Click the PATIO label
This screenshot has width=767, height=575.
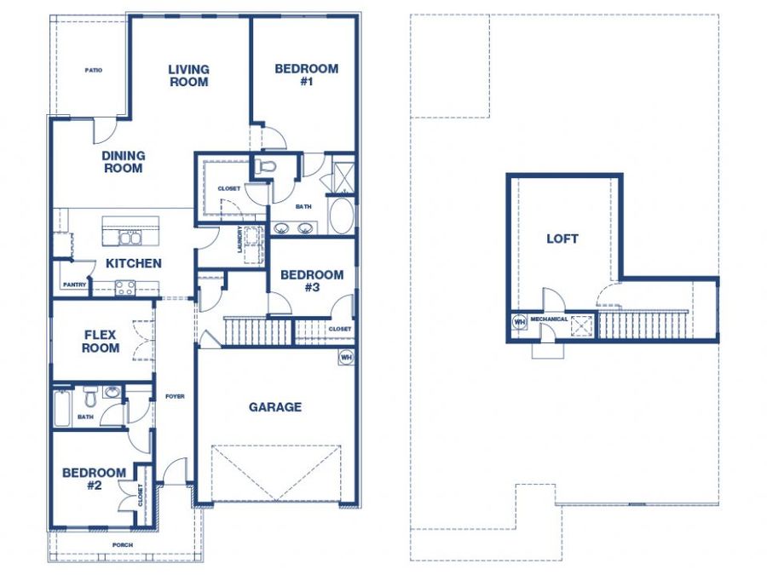click(94, 71)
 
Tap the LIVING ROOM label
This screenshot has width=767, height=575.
click(189, 76)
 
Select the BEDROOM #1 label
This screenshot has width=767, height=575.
click(306, 75)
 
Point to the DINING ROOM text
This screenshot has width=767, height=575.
click(124, 162)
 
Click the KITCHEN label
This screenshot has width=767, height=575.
click(134, 263)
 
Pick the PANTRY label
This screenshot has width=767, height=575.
click(74, 285)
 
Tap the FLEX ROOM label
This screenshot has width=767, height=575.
click(101, 342)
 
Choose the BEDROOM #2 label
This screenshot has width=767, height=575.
click(94, 479)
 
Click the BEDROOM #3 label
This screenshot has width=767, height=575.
click(312, 281)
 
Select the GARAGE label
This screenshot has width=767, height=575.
click(275, 407)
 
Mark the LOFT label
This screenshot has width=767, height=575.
click(562, 239)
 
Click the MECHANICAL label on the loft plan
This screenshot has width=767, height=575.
click(549, 319)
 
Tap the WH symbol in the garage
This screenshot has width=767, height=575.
click(346, 357)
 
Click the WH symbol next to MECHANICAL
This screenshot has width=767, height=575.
click(520, 322)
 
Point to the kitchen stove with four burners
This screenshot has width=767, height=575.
click(124, 288)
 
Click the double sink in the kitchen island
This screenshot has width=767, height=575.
click(130, 239)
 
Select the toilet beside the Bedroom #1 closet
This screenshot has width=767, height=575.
click(266, 166)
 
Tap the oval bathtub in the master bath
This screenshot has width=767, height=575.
click(342, 216)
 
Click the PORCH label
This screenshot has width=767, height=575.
click(122, 544)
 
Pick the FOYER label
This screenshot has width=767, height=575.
click(175, 396)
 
